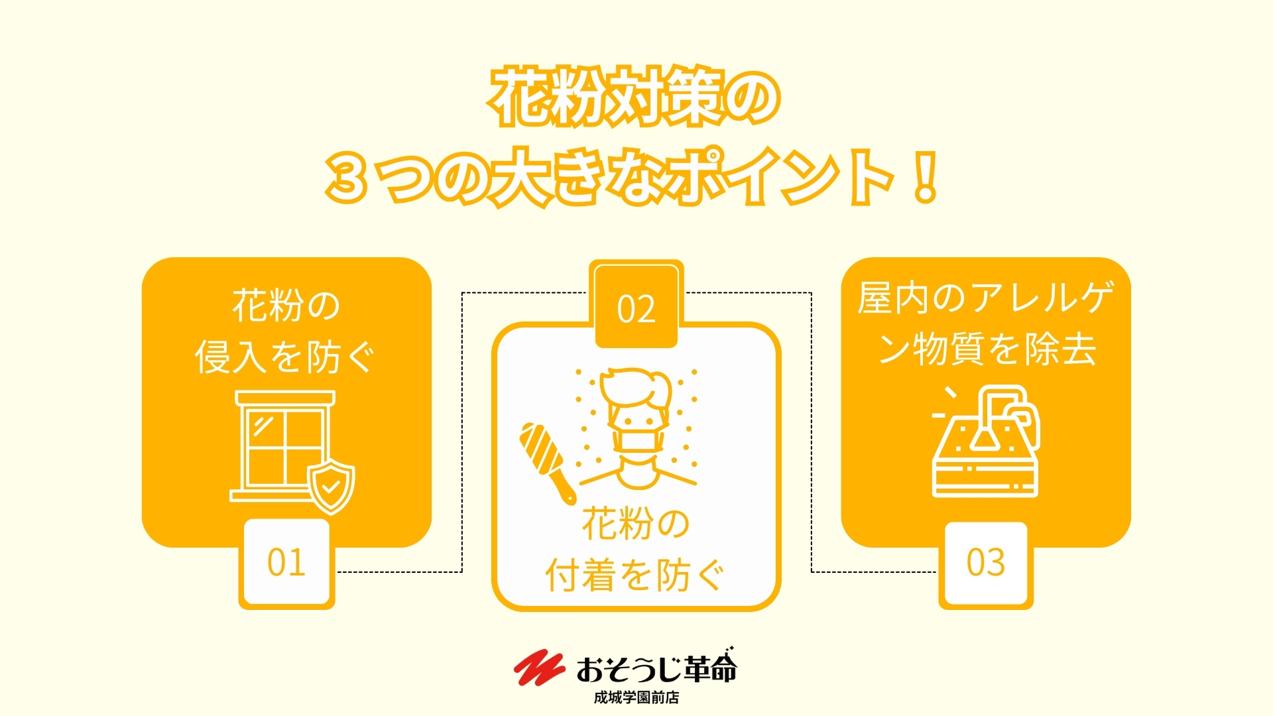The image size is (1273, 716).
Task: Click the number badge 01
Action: tap(286, 564)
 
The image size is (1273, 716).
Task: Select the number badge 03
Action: tap(986, 564)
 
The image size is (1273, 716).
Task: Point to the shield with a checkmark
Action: tap(331, 488)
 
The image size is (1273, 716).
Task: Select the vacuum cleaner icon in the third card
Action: tap(986, 441)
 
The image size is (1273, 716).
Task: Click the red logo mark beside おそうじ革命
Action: tap(538, 668)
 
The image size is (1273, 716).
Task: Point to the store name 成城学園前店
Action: tap(636, 697)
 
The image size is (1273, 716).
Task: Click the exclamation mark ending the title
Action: tap(924, 176)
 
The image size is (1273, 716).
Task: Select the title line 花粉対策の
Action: tap(635, 97)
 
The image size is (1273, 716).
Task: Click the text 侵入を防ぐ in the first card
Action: tap(285, 357)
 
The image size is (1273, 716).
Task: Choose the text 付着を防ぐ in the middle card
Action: tap(635, 575)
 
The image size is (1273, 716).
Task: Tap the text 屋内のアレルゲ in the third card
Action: tap(986, 298)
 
